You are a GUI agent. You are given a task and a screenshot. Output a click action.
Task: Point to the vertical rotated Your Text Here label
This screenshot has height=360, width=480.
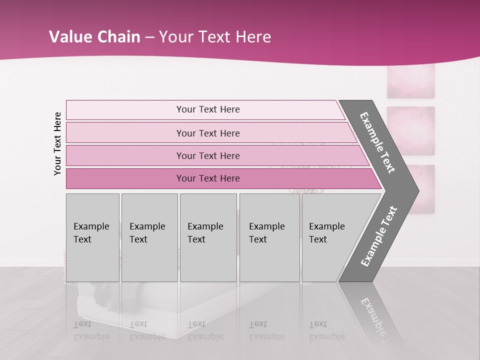57,143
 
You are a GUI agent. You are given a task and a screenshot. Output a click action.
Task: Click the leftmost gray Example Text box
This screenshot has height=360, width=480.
92,237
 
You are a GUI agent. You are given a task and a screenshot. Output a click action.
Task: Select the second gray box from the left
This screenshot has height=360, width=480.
149,237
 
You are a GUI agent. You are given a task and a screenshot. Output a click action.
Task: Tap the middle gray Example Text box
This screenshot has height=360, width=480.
208,237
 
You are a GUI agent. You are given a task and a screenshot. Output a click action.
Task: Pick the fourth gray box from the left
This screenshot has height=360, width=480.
269,237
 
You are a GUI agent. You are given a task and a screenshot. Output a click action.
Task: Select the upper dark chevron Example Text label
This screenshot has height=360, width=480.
377,142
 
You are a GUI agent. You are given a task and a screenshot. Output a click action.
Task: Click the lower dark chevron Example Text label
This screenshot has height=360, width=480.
378,236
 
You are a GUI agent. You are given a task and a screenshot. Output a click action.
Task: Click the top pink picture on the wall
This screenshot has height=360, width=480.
410,81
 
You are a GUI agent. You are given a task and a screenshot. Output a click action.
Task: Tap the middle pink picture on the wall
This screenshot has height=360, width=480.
410,131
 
